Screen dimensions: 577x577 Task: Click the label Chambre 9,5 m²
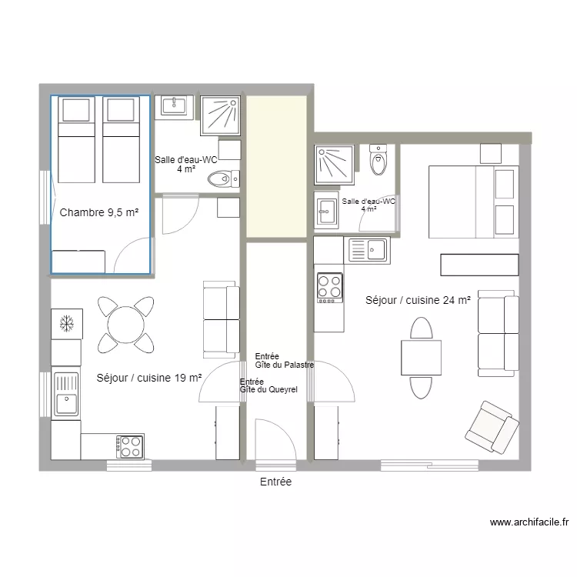pos(98,212)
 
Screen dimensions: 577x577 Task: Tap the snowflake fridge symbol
pos(66,324)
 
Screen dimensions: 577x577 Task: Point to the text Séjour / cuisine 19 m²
pos(148,378)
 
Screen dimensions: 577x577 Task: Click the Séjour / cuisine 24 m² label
pos(418,301)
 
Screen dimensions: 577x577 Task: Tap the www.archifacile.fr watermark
pos(529,522)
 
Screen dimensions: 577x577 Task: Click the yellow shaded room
pos(276,167)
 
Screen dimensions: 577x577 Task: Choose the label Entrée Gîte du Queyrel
pos(268,385)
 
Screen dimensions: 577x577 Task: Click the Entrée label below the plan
pos(275,482)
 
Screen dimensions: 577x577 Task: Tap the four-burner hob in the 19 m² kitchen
pos(129,445)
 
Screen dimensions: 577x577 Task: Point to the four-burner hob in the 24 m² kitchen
pos(329,287)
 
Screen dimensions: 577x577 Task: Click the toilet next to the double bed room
pos(378,161)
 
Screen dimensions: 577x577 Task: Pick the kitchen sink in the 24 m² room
pos(369,251)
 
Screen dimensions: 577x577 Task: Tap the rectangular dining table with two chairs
pos(420,358)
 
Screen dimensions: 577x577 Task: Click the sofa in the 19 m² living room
pos(220,319)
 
